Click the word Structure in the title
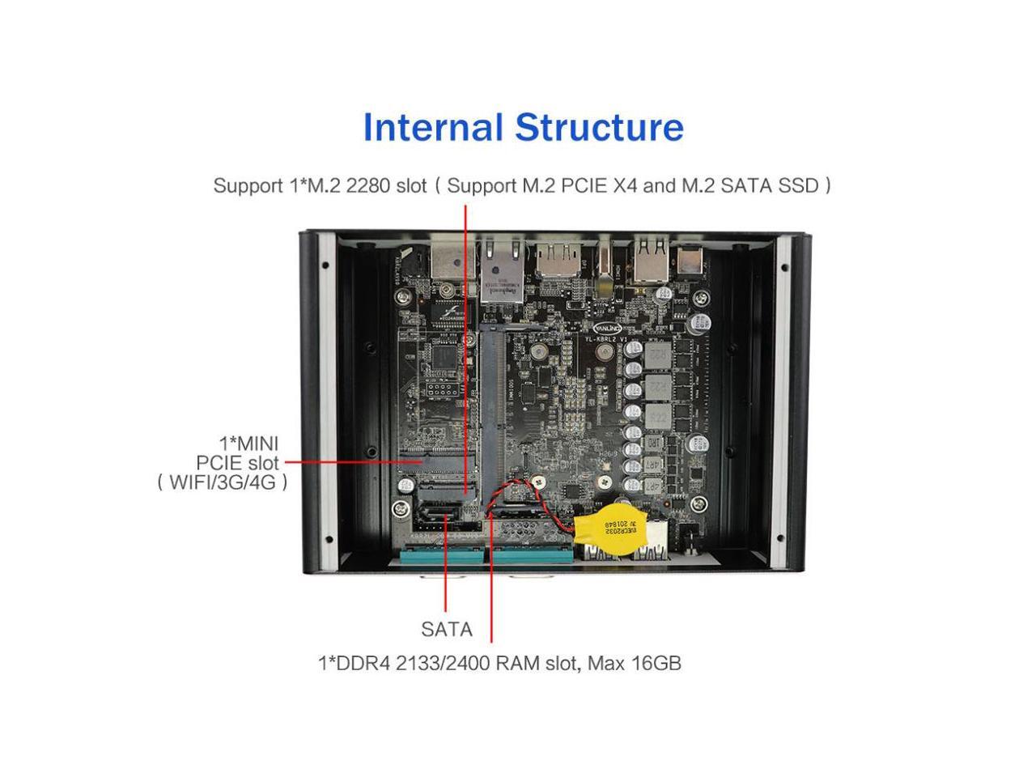click(x=599, y=128)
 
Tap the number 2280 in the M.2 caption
click(x=369, y=185)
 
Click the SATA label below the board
click(x=446, y=629)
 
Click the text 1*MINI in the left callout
click(x=248, y=444)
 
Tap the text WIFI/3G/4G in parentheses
click(x=223, y=483)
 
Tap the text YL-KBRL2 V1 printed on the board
click(x=612, y=339)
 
